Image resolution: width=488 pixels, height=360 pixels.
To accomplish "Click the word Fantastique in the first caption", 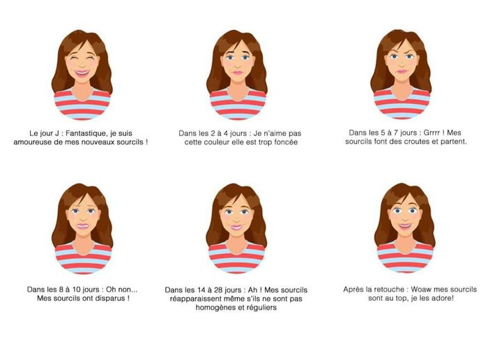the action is point(86,133).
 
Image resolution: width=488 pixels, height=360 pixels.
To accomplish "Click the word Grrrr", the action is point(432,133).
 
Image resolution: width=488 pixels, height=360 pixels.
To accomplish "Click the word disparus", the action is point(110,299).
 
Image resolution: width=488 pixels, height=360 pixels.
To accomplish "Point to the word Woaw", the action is point(420,290).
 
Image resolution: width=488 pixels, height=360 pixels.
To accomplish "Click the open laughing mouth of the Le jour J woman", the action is point(82,73).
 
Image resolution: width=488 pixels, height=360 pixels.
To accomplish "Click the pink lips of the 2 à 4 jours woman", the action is point(238,73).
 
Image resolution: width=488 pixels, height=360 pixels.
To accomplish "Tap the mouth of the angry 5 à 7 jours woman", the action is point(402,71).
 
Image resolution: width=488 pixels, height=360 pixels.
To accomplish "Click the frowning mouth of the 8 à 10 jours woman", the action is point(83,227).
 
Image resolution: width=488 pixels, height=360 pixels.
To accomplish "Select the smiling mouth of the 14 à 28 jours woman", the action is point(236,227).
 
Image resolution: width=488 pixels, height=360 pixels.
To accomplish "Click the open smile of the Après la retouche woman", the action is point(405,225).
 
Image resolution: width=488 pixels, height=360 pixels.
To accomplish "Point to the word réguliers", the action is point(262,308).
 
